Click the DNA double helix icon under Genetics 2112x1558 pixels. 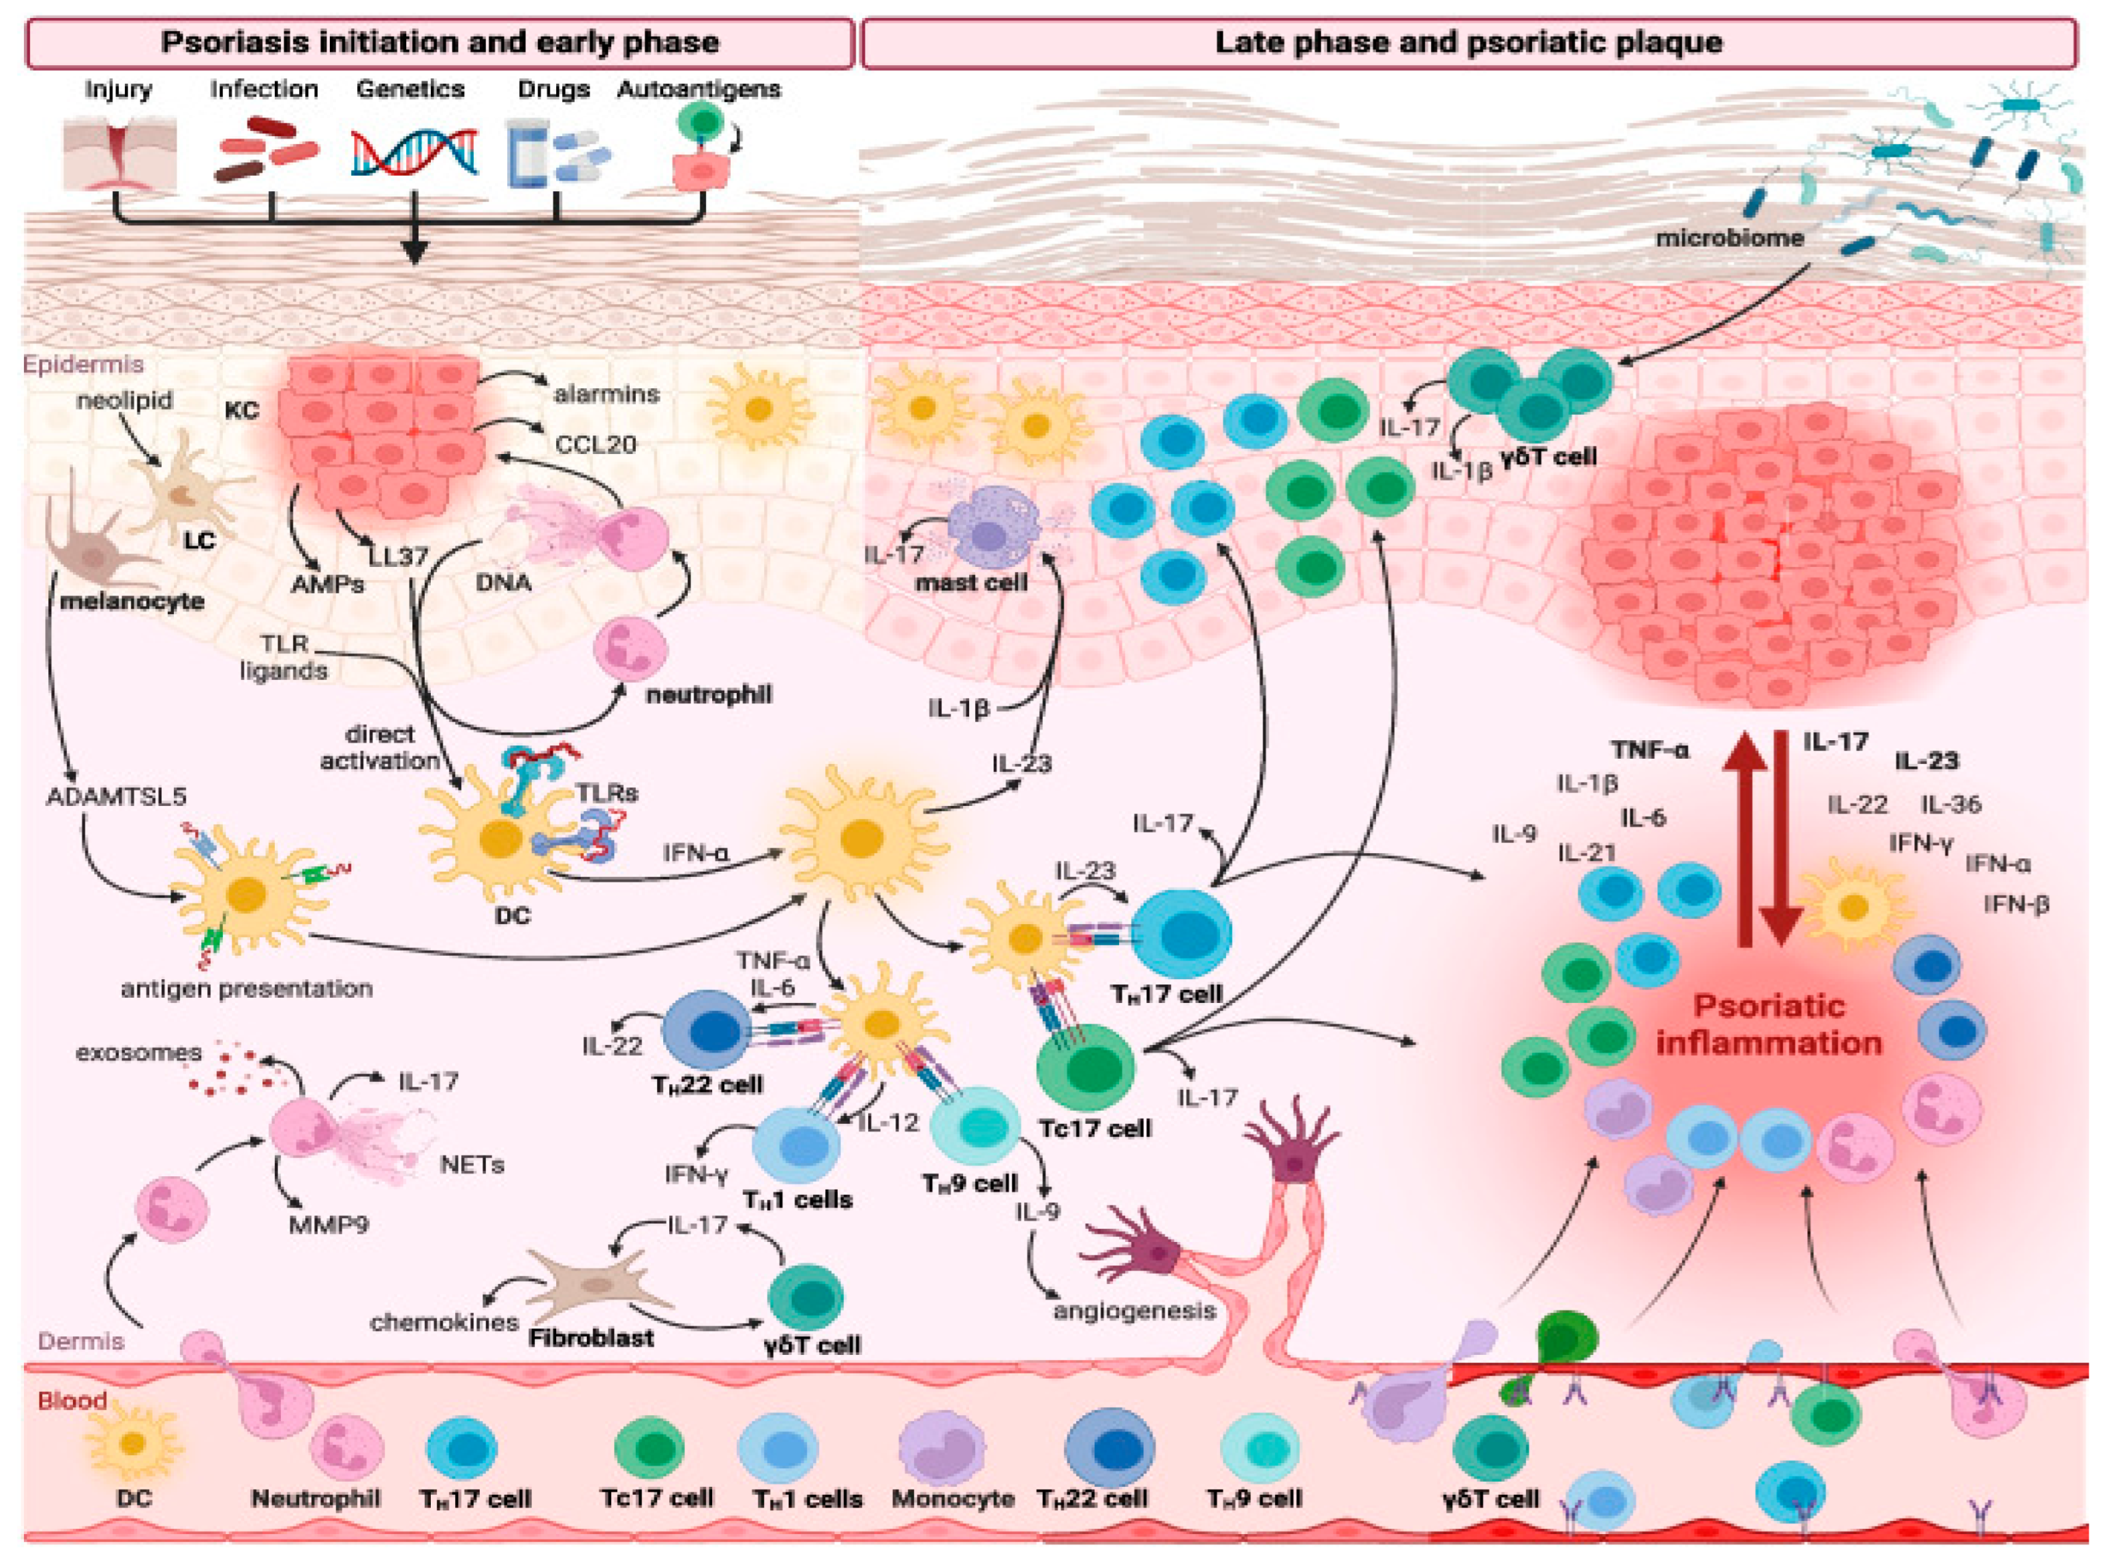click(x=413, y=153)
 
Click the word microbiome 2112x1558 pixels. click(x=1729, y=238)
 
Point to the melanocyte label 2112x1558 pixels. click(x=132, y=601)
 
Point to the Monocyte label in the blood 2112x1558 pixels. click(x=953, y=1498)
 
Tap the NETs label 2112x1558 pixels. click(x=473, y=1166)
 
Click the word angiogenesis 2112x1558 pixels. click(x=1134, y=1312)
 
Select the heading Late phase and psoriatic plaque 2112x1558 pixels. click(x=1468, y=43)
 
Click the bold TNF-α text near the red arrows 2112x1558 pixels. click(x=1650, y=751)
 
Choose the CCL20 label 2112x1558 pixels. click(x=594, y=444)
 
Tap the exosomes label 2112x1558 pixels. click(x=139, y=1052)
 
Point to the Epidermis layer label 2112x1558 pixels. click(x=84, y=364)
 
